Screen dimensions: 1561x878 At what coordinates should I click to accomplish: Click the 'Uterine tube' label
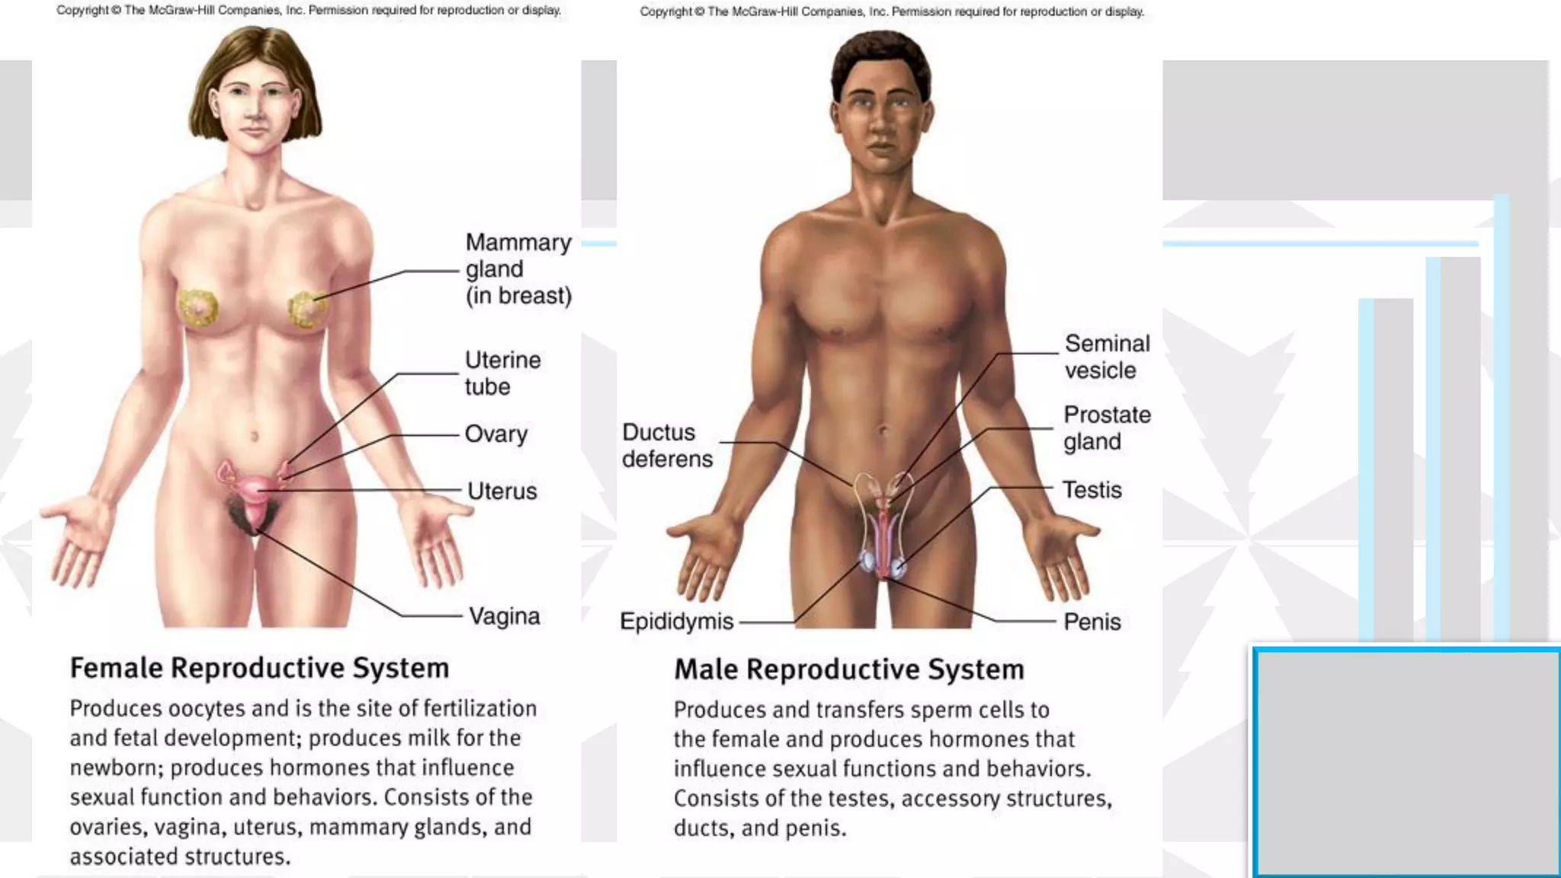pos(502,373)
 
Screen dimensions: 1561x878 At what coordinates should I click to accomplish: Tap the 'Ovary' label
pos(495,434)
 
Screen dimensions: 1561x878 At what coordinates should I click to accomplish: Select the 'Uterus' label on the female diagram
pos(502,491)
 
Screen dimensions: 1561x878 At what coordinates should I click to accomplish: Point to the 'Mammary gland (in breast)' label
pos(518,269)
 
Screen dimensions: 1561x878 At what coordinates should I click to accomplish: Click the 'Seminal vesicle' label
pos(1107,357)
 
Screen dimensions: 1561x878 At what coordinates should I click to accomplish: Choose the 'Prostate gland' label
pos(1107,428)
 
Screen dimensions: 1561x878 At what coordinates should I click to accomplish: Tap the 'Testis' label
pos(1091,489)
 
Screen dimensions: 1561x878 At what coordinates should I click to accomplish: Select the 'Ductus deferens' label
pos(666,445)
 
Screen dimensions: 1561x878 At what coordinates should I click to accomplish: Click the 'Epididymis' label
pos(676,621)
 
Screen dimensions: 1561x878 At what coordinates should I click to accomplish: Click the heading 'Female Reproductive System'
pos(259,668)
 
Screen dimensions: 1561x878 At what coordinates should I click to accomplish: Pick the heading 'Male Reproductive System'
pos(848,669)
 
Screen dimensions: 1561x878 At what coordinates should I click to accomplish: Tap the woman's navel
pos(255,437)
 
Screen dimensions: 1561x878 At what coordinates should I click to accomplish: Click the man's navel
pos(883,431)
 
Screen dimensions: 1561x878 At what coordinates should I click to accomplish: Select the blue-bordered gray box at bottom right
pos(1407,762)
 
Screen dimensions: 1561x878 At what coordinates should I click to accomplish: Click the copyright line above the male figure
pos(892,11)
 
